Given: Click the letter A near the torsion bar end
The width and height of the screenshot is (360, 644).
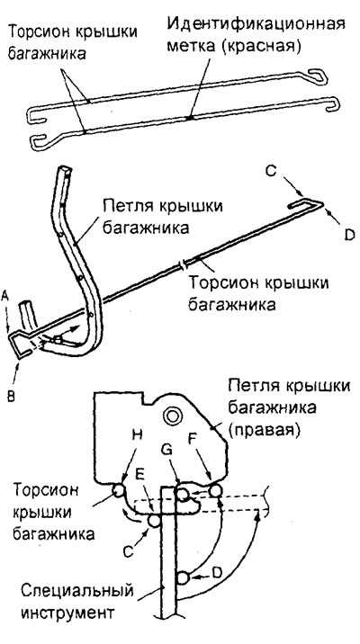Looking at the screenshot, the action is [4, 295].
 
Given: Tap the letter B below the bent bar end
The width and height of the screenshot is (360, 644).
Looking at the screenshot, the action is [12, 397].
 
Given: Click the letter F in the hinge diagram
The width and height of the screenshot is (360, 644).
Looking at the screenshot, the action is [193, 437].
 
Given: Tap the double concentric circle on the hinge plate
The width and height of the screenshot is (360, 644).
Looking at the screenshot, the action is [170, 416].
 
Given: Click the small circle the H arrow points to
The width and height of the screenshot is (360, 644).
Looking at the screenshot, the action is [119, 490].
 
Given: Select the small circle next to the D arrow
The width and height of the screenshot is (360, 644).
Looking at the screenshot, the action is [184, 578].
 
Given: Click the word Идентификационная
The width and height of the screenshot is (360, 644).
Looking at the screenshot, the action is [256, 24].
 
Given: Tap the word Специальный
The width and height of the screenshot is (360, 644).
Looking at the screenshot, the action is [77, 592].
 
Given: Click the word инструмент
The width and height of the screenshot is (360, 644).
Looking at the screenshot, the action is [67, 613].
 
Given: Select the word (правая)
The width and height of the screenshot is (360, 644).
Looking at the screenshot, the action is [263, 431].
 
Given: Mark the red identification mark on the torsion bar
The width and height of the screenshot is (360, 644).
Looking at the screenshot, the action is [190, 118].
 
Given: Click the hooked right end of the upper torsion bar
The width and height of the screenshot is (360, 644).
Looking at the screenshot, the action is [318, 76].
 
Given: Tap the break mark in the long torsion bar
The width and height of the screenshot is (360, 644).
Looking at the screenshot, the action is [183, 265].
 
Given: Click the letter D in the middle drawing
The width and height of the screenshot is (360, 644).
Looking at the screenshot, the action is [349, 236].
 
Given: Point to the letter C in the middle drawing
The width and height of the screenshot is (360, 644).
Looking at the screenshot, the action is [270, 171].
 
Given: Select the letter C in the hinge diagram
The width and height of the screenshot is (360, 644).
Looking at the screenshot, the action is [128, 551].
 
